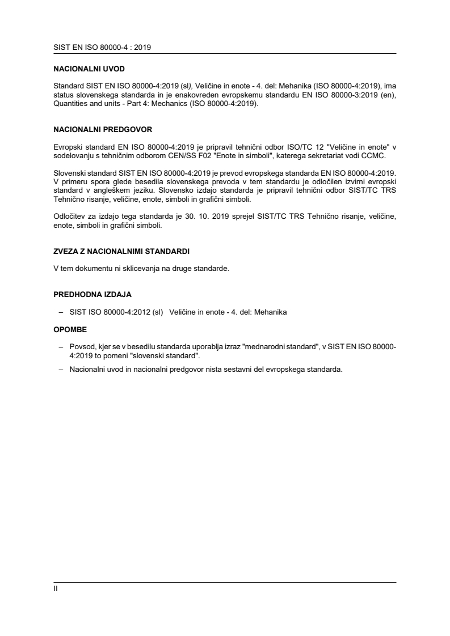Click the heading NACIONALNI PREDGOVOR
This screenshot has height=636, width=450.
(x=102, y=129)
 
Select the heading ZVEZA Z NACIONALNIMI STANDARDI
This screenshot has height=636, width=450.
(x=121, y=251)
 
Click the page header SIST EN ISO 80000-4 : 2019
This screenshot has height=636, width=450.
(x=102, y=48)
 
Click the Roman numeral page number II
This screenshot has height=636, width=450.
(x=55, y=588)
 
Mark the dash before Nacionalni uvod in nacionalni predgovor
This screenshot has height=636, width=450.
(x=61, y=369)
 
